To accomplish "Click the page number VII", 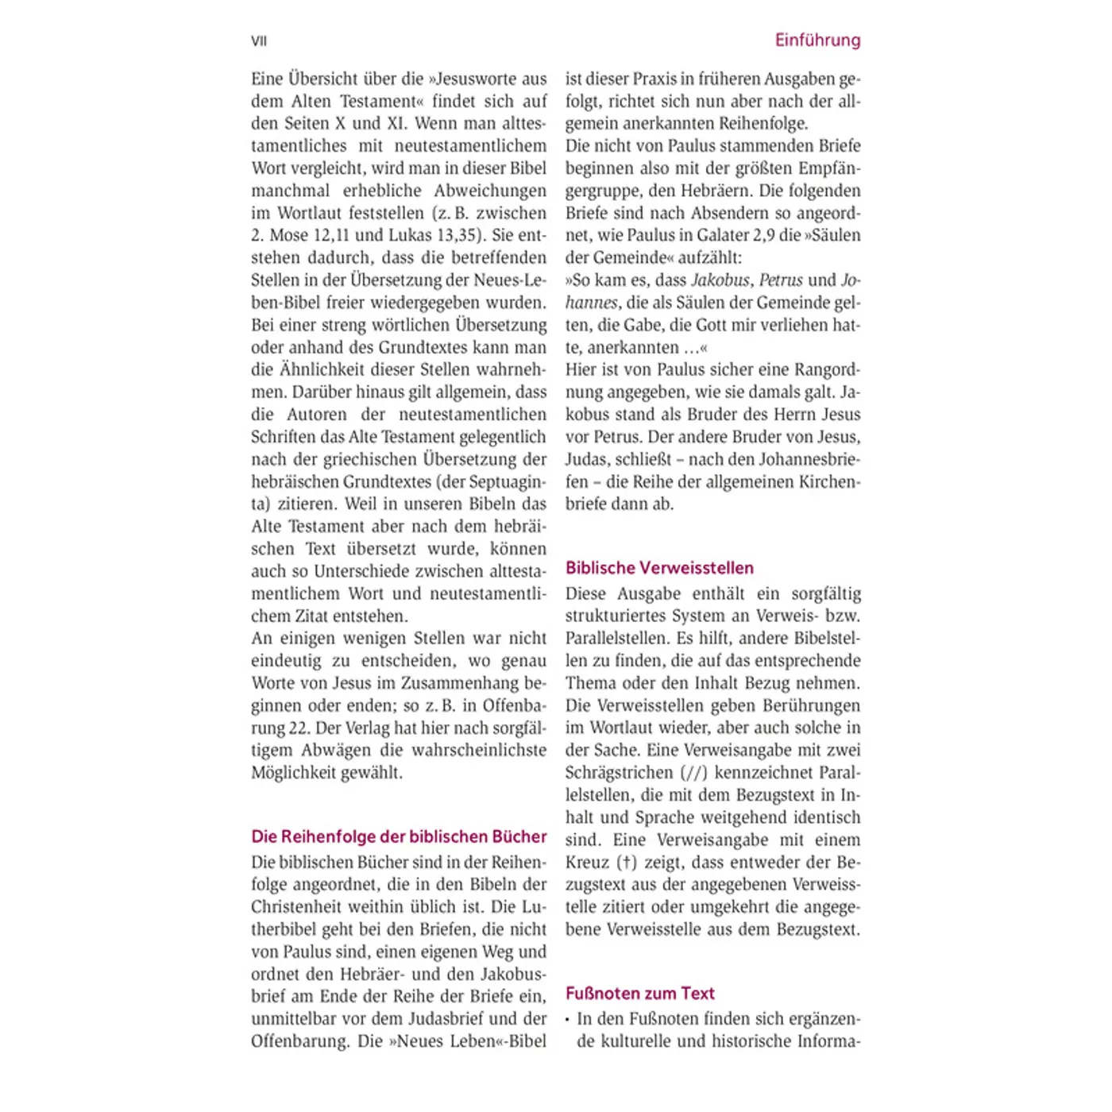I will click(259, 41).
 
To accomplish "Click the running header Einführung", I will click(817, 40).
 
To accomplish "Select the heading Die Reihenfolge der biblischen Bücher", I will click(399, 836).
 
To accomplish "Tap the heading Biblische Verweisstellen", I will click(659, 568).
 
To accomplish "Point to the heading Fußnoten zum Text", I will click(640, 993).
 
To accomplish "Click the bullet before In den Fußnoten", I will click(569, 1019).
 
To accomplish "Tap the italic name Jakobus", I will click(720, 280).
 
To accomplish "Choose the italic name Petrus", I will click(781, 280).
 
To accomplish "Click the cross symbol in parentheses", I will click(627, 863).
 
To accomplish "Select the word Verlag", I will click(347, 728).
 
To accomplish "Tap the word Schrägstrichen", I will click(619, 773).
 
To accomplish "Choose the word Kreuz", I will click(587, 863).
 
